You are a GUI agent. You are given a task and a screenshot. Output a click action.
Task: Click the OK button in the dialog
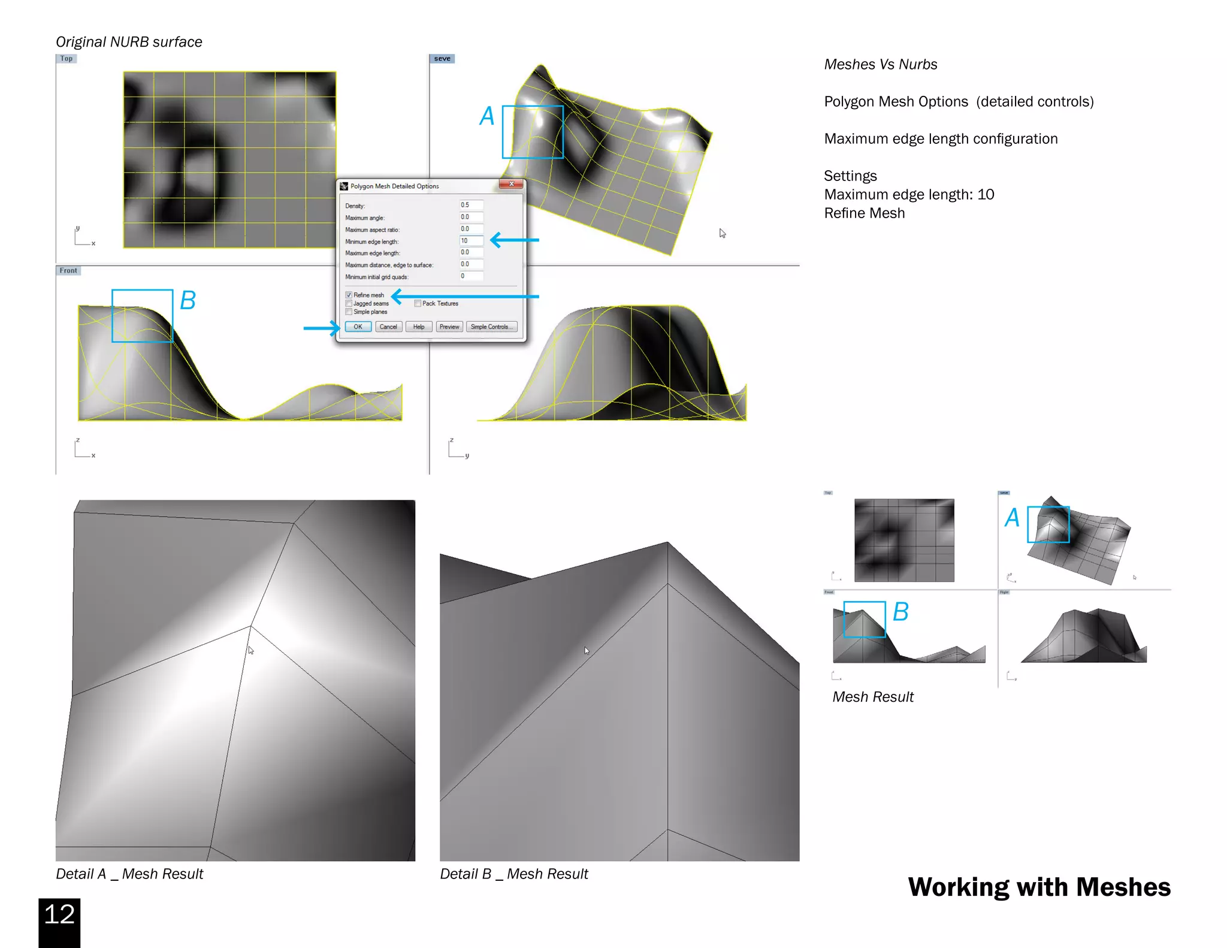coord(358,327)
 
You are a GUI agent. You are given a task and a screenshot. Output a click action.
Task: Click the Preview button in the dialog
coord(449,327)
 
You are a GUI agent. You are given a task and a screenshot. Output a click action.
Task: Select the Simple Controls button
coord(491,327)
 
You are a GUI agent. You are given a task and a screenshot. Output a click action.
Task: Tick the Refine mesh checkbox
coord(349,295)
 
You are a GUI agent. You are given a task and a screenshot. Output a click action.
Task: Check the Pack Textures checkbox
coord(418,303)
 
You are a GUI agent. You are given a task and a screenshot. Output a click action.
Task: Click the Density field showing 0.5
coord(471,205)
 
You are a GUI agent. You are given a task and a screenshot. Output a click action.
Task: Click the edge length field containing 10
coord(471,241)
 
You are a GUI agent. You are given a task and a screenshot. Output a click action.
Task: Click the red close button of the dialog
coord(511,185)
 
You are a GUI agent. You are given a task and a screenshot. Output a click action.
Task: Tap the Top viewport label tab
coord(67,59)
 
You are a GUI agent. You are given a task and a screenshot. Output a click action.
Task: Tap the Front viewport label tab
coord(68,271)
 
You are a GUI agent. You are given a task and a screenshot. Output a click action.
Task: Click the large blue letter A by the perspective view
coord(487,116)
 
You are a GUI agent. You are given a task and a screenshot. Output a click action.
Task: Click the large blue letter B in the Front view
coord(188,301)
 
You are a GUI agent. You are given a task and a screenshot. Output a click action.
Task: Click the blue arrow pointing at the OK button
coord(321,328)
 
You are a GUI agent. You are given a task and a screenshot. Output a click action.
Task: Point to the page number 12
coord(59,914)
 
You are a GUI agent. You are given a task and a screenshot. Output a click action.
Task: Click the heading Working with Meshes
coord(1039,887)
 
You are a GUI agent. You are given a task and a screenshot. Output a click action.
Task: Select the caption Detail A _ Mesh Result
coord(129,874)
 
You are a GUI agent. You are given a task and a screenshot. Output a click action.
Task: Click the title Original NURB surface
coord(129,42)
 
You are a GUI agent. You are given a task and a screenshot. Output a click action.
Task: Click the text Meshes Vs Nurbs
coord(880,65)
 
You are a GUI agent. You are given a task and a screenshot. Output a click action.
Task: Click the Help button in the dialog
coord(418,327)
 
